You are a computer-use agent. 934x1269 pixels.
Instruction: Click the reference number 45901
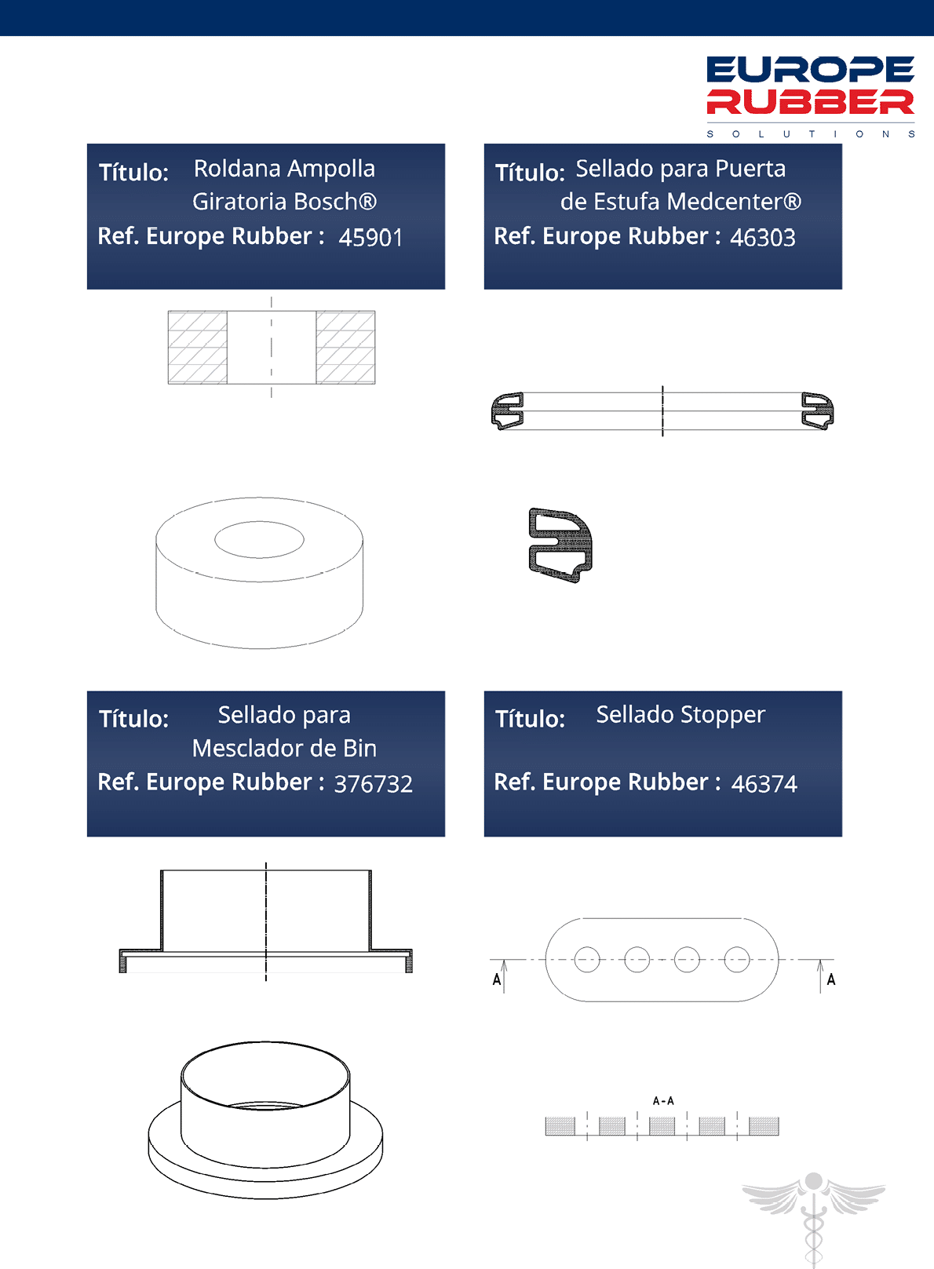pyautogui.click(x=370, y=237)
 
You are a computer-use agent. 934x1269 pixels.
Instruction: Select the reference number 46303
pyautogui.click(x=763, y=237)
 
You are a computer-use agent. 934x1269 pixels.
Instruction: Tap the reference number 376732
pyautogui.click(x=374, y=783)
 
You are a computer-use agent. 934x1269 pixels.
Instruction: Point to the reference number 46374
pyautogui.click(x=764, y=783)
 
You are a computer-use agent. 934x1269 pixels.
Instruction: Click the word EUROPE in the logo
pyautogui.click(x=811, y=70)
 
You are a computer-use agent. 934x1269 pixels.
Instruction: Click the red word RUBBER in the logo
pyautogui.click(x=811, y=102)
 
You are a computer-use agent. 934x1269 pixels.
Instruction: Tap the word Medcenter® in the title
pyautogui.click(x=737, y=202)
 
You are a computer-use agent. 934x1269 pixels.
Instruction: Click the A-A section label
pyautogui.click(x=663, y=1101)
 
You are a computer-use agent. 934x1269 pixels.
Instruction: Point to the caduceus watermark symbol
pyautogui.click(x=814, y=1217)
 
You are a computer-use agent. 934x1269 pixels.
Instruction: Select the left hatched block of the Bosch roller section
pyautogui.click(x=198, y=348)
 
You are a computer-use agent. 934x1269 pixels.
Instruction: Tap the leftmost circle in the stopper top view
pyautogui.click(x=587, y=960)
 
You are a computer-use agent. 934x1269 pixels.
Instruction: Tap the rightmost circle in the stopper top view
pyautogui.click(x=737, y=960)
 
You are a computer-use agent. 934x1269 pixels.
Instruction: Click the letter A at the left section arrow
pyautogui.click(x=497, y=979)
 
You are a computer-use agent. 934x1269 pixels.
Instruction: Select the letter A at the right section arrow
pyautogui.click(x=831, y=979)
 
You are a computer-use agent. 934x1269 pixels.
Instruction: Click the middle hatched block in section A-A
pyautogui.click(x=662, y=1126)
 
